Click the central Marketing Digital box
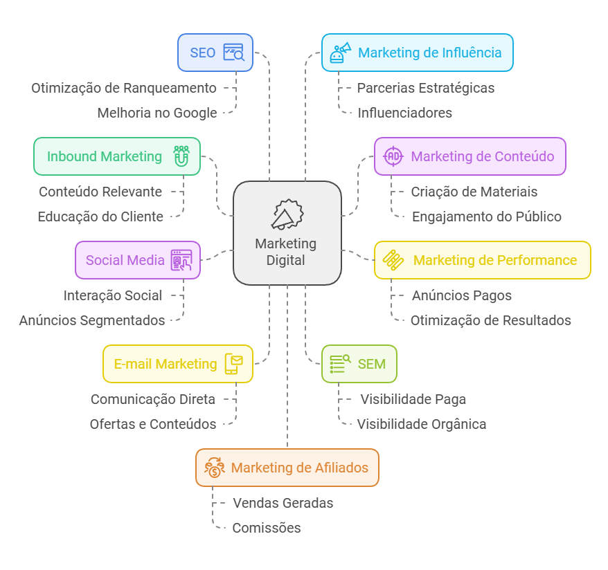[x=287, y=233]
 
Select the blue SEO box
[x=215, y=53]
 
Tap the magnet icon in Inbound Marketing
[x=181, y=156]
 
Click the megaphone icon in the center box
[x=287, y=215]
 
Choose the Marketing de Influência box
[x=417, y=53]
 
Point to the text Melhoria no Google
[x=157, y=113]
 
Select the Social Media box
[x=138, y=260]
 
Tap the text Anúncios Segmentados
[x=92, y=320]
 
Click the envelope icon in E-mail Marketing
[x=234, y=363]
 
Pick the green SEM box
[x=359, y=364]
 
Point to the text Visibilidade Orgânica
[x=421, y=424]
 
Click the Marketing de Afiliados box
[x=287, y=468]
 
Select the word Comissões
[x=267, y=528]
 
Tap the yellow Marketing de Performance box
[x=482, y=260]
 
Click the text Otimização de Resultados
[x=490, y=320]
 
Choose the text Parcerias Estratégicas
[x=425, y=88]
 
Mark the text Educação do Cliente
[x=100, y=217]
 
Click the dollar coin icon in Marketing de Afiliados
[x=213, y=468]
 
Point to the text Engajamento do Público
[x=486, y=217]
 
